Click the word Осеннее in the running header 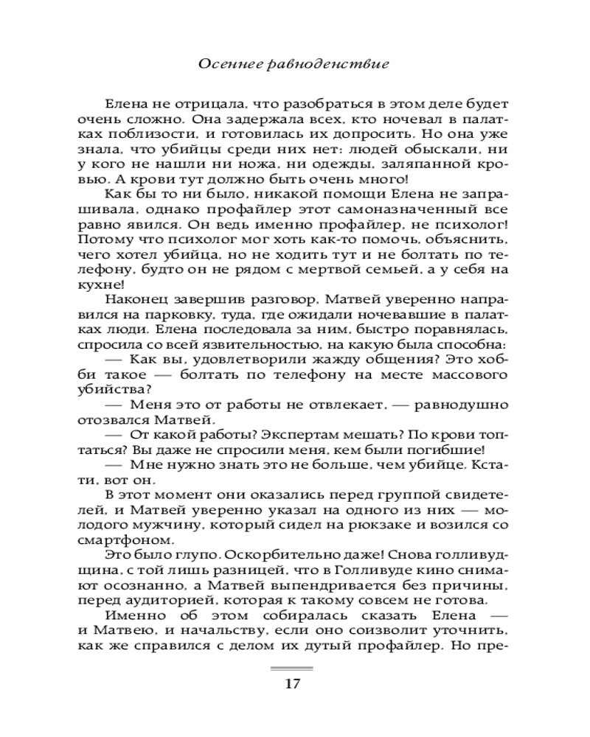pos(224,64)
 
